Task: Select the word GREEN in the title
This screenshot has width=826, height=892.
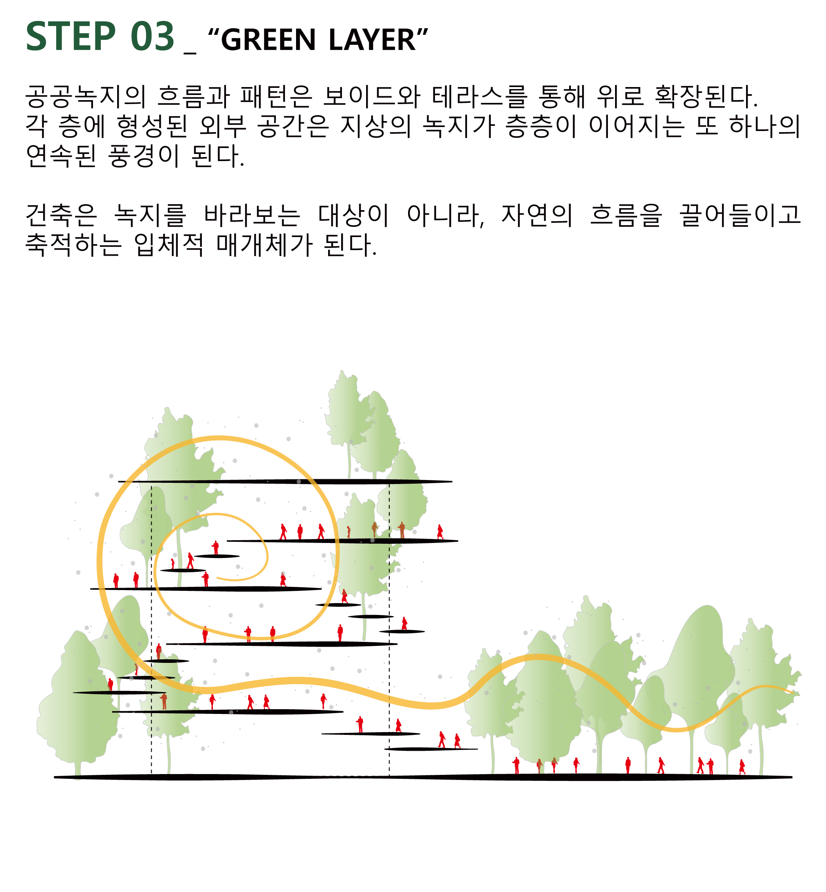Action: [268, 40]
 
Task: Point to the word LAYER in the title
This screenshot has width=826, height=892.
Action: [372, 40]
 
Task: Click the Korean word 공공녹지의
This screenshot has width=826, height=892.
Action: [86, 97]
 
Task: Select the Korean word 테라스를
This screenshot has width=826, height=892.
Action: [480, 97]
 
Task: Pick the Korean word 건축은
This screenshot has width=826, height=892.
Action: [61, 215]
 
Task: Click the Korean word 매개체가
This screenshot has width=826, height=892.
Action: [265, 245]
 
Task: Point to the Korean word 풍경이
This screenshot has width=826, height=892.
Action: [144, 156]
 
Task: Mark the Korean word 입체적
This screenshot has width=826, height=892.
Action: [169, 245]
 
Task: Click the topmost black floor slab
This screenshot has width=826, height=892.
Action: [285, 482]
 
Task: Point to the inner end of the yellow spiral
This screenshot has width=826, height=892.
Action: [218, 578]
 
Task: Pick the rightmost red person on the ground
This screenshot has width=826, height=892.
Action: [742, 767]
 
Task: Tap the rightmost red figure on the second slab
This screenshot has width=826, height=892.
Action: [440, 532]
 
